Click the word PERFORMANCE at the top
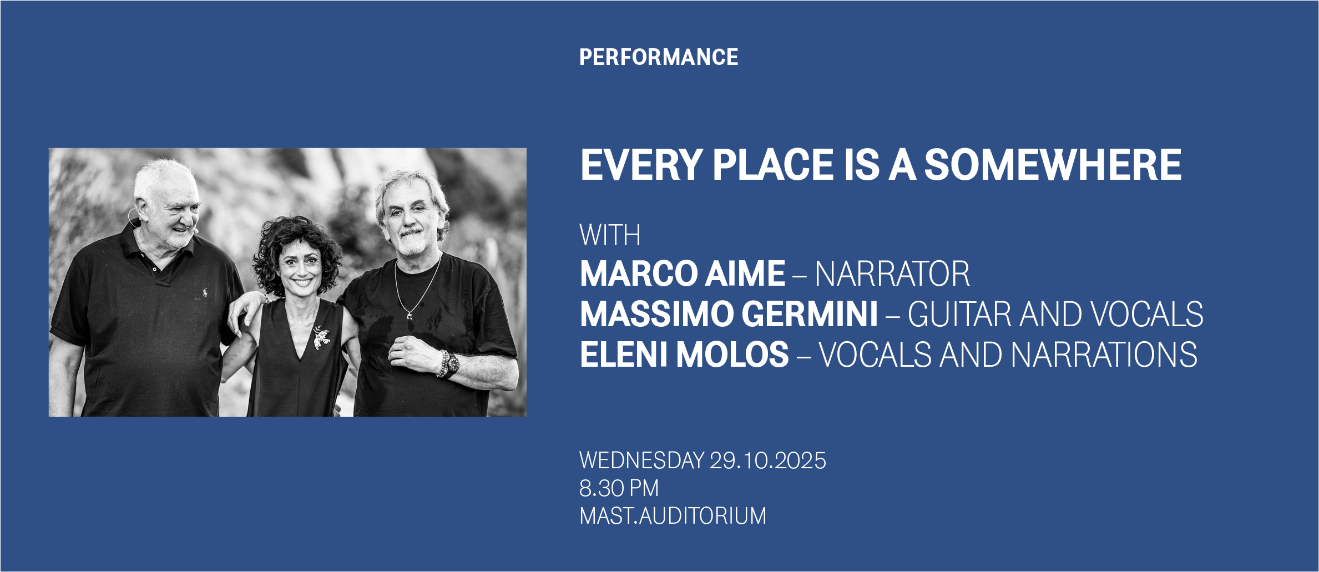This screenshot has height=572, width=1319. (x=659, y=57)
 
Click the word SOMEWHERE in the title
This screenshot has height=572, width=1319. (x=1053, y=165)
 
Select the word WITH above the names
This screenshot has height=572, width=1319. (x=610, y=235)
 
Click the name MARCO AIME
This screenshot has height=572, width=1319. (x=683, y=274)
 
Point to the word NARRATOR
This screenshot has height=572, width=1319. (x=892, y=274)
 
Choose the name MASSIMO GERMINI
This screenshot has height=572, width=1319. (x=729, y=314)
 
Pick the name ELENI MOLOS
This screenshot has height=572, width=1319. (x=684, y=355)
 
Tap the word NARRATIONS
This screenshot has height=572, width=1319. (x=1104, y=355)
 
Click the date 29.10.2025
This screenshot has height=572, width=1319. (x=768, y=460)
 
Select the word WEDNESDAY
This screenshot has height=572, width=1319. (x=642, y=460)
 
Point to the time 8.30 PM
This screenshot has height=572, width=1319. (x=619, y=488)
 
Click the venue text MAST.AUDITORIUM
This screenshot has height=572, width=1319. (x=673, y=516)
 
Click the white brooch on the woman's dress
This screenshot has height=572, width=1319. (x=321, y=337)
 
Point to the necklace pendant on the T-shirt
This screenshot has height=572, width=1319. (x=410, y=316)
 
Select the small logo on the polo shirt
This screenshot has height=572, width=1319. (x=205, y=292)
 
